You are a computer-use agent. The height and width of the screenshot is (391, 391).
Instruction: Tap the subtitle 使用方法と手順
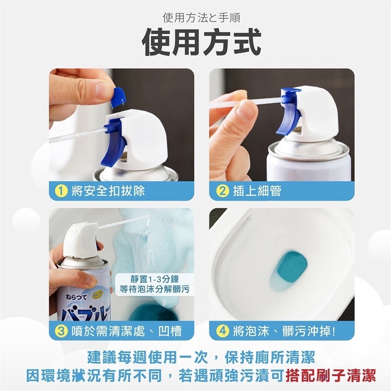coord(202,18)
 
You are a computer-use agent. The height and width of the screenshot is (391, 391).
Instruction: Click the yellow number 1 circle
coord(61,191)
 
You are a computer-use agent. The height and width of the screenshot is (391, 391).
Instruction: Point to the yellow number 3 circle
coord(61,331)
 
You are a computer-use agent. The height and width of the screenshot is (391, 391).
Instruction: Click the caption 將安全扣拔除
coord(108,191)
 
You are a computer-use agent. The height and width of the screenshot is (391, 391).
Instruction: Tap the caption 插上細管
coord(257,191)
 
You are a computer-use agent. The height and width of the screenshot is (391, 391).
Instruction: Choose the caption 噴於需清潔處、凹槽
coord(126,331)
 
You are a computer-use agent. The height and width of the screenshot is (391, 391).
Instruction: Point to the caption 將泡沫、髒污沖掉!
coord(284,331)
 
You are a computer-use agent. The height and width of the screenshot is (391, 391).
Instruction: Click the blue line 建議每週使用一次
coord(147,357)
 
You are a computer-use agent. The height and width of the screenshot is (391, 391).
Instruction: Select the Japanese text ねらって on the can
coord(76,297)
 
